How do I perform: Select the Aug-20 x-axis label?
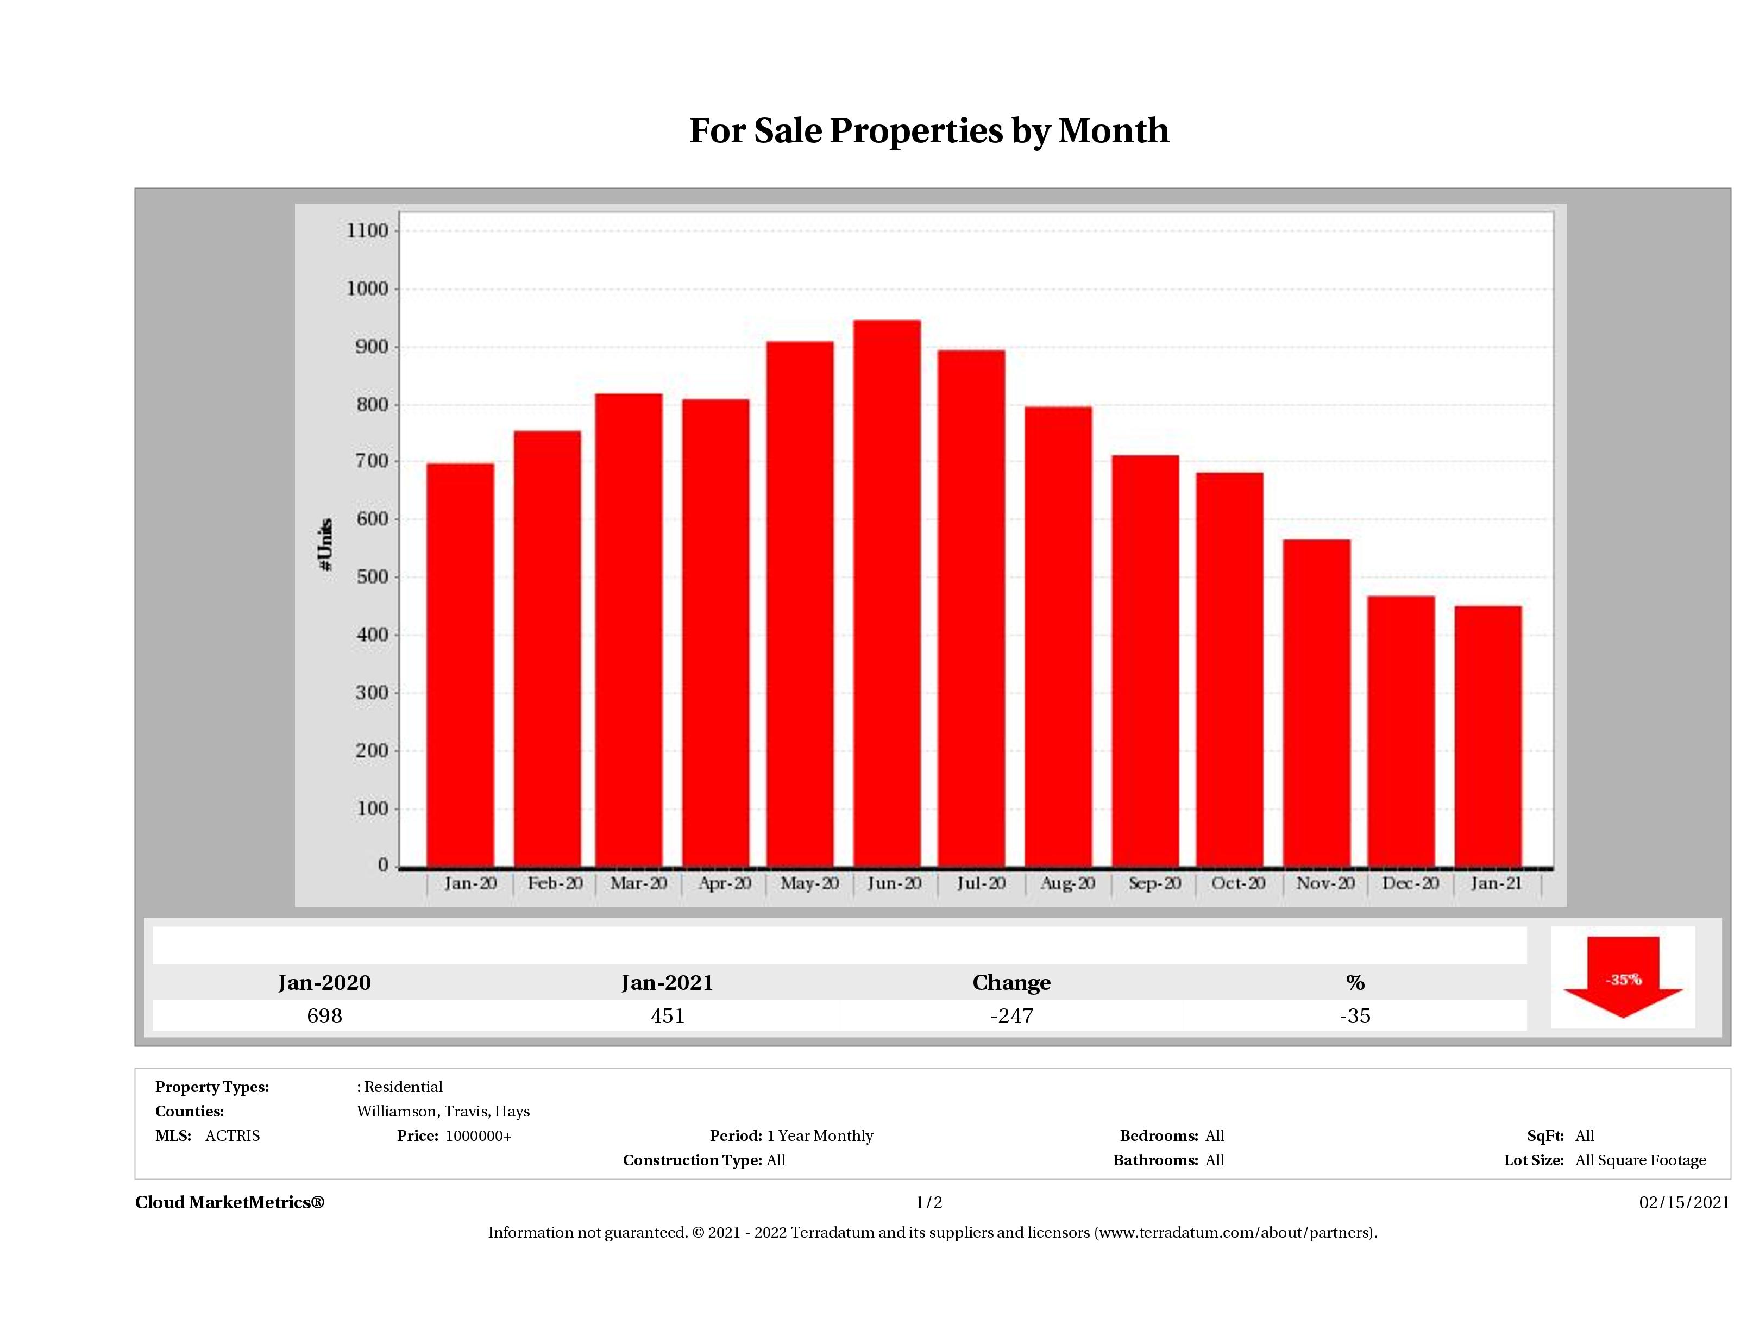pyautogui.click(x=1067, y=883)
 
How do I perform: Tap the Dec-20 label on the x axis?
pyautogui.click(x=1410, y=883)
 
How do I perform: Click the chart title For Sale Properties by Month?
pyautogui.click(x=929, y=131)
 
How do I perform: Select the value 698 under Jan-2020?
pyautogui.click(x=324, y=1015)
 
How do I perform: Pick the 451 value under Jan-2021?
pyautogui.click(x=667, y=1015)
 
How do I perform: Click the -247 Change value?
pyautogui.click(x=1011, y=1015)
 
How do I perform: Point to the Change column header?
pyautogui.click(x=1011, y=983)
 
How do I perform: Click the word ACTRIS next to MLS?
pyautogui.click(x=232, y=1136)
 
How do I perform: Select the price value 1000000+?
pyautogui.click(x=478, y=1136)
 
